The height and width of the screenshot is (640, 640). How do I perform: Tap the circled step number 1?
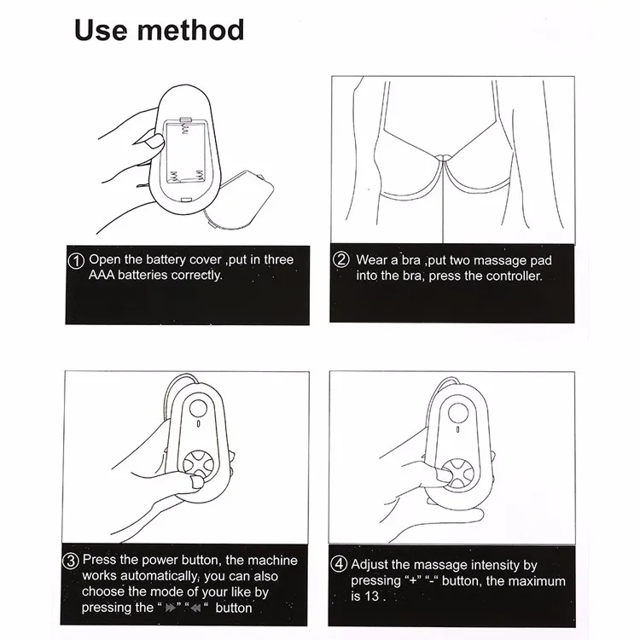pyautogui.click(x=76, y=260)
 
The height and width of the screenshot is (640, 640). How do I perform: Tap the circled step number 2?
pyautogui.click(x=341, y=260)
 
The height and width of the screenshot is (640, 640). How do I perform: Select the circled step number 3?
pyautogui.click(x=72, y=561)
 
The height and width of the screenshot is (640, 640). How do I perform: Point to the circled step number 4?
pyautogui.click(x=340, y=566)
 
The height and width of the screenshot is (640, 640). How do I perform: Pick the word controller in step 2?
pyautogui.click(x=509, y=276)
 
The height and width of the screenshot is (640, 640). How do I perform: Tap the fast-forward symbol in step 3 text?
pyautogui.click(x=170, y=609)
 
